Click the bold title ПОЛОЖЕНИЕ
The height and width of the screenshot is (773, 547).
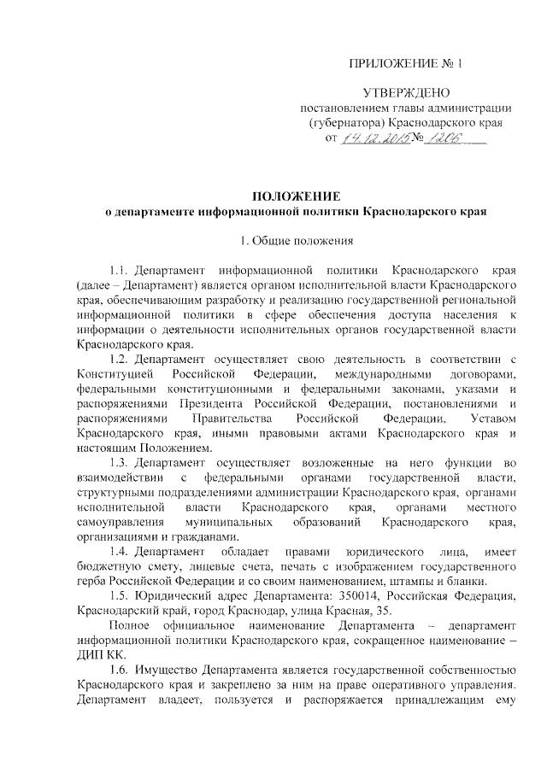coord(295,196)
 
